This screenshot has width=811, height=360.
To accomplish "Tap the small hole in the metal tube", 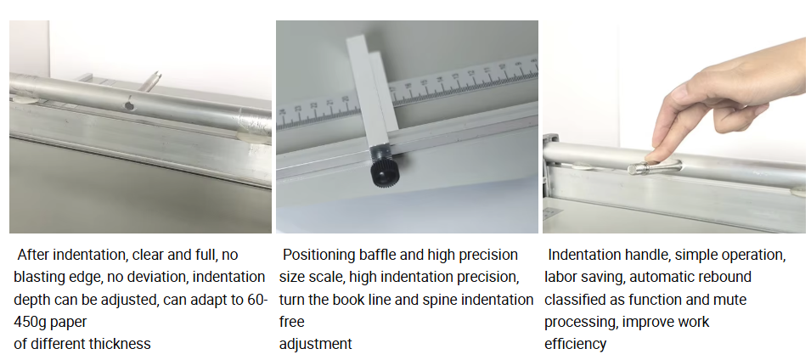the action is coord(128,105).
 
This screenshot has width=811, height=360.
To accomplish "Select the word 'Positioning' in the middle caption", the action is coord(316,255).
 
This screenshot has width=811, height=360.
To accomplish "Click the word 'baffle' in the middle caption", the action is coord(370,255).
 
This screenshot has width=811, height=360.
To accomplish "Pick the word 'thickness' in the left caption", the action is coord(123,344).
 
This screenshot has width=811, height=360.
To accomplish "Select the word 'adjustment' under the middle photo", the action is coord(316,344).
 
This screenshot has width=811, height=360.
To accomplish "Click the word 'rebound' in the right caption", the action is coord(726,278).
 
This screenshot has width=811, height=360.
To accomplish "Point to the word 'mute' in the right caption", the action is coord(732,300).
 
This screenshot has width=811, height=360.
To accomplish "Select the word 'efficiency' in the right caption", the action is coord(575,344).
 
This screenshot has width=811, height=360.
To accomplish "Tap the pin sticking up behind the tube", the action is coord(151,82).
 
